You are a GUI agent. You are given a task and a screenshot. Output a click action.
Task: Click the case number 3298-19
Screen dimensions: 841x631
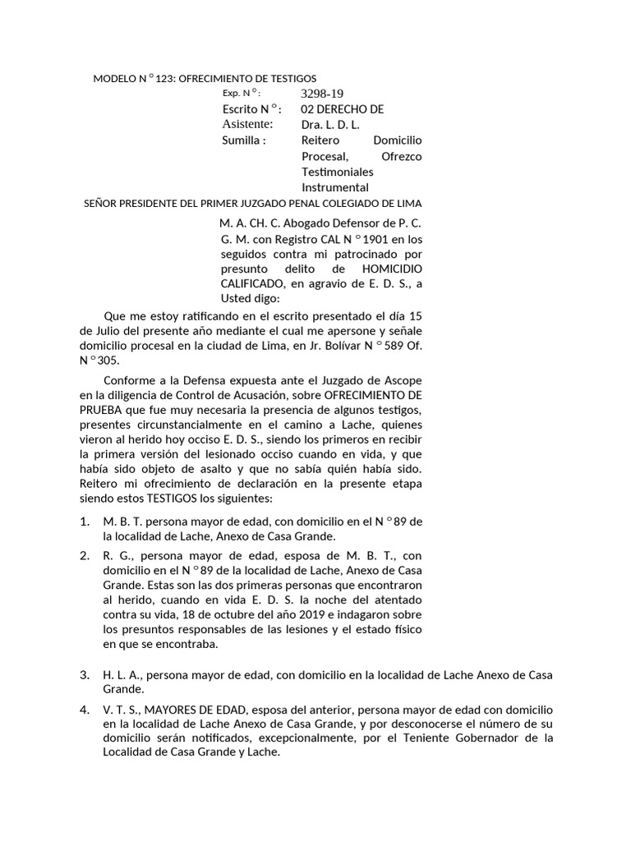coord(322,94)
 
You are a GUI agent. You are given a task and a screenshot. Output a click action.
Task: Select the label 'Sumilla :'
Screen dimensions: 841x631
coord(244,140)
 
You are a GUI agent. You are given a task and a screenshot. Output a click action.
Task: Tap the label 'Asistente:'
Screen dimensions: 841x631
coord(247,124)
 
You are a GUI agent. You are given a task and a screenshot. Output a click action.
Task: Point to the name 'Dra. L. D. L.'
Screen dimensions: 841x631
coord(330,125)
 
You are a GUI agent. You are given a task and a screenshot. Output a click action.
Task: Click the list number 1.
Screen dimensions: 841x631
coord(84,522)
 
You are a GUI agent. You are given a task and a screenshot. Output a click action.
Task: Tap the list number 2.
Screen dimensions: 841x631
coord(84,555)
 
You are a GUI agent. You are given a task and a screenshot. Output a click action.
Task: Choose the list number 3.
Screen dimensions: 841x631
coord(84,675)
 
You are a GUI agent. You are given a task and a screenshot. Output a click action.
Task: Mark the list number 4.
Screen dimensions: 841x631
coord(84,708)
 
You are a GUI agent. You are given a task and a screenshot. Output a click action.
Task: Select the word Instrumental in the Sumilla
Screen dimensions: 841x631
coord(335,187)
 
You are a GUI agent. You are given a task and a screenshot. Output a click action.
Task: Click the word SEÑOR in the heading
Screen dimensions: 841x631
coord(103,203)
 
